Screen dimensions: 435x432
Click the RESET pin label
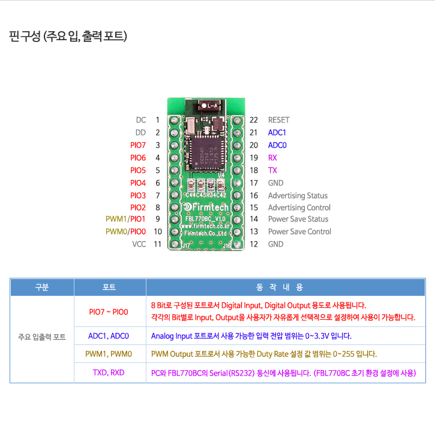click(x=278, y=120)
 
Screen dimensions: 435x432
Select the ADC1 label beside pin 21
click(x=277, y=133)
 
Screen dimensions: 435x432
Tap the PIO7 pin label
click(x=138, y=145)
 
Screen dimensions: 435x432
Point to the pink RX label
click(x=272, y=158)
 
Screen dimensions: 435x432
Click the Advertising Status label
click(x=298, y=196)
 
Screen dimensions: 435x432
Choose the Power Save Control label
click(x=299, y=232)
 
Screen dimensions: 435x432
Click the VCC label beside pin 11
click(x=139, y=244)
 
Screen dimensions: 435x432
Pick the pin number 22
click(x=254, y=120)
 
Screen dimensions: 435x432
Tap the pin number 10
click(x=158, y=232)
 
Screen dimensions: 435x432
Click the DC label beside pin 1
click(x=141, y=120)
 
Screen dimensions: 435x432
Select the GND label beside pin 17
click(x=275, y=183)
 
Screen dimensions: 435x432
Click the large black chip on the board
click(x=206, y=155)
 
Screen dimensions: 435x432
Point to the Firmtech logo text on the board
click(x=206, y=207)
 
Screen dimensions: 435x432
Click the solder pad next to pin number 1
click(x=175, y=121)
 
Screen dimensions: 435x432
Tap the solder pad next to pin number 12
click(x=237, y=244)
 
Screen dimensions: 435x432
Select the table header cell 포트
click(x=109, y=287)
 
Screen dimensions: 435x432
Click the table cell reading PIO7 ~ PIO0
click(x=109, y=312)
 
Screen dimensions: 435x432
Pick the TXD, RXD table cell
click(x=109, y=373)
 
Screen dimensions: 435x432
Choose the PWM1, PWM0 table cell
click(x=109, y=354)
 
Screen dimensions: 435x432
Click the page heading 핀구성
click(x=25, y=36)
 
